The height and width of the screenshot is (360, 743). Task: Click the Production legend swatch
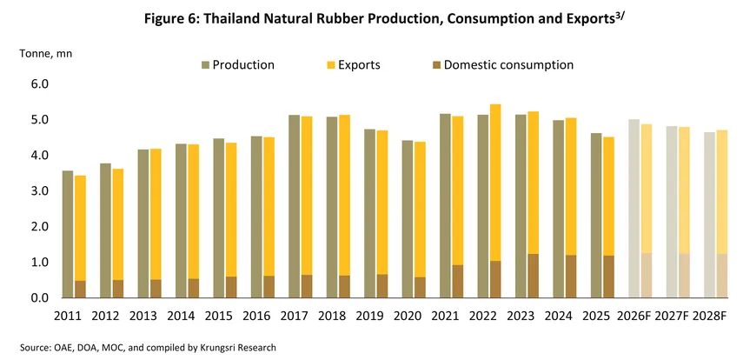point(205,65)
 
